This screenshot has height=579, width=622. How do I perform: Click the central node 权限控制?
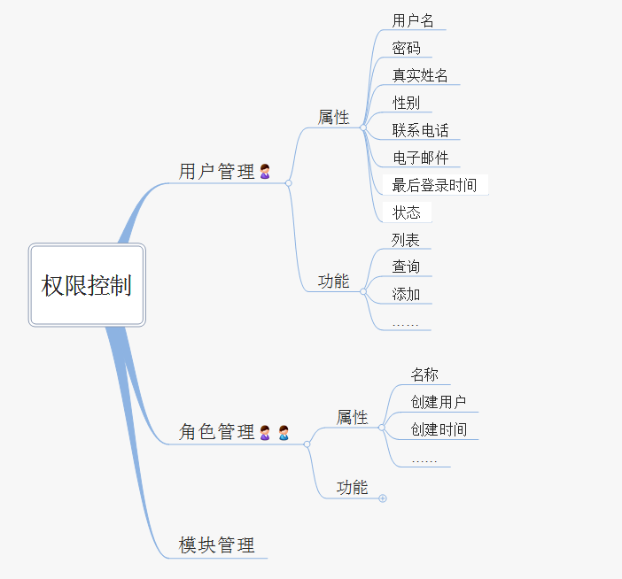87,285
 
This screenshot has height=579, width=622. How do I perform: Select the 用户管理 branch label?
216,172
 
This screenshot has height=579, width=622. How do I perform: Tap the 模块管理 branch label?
216,545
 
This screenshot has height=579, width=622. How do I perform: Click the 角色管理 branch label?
216,431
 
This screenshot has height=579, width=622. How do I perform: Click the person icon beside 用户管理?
265,172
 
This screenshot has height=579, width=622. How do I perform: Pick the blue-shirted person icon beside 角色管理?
284,432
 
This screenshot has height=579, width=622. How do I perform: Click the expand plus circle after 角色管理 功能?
383,498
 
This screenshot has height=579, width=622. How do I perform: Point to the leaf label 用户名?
413,20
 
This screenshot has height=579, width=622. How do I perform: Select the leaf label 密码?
406,48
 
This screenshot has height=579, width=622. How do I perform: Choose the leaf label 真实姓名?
420,75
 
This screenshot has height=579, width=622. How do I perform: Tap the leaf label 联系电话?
420,130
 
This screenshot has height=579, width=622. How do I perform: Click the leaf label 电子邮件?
421,158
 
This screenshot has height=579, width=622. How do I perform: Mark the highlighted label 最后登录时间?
434,185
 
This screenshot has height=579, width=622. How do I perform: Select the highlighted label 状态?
406,212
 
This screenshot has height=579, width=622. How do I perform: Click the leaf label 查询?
406,266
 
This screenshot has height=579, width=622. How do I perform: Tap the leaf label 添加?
406,295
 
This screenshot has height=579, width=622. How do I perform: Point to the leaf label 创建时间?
439,429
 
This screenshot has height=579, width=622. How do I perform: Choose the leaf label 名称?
424,374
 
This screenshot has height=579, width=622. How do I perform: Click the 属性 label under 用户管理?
333,118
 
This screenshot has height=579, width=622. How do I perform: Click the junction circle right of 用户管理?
288,183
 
